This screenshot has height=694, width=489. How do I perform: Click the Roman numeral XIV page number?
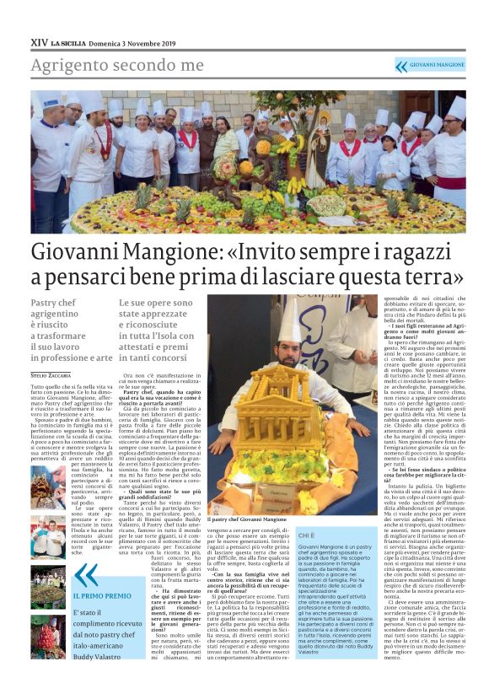39,42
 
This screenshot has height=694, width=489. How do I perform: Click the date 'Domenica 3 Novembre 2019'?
134,42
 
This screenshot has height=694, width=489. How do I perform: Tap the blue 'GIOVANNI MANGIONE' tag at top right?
437,65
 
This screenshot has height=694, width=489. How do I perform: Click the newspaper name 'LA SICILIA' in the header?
68,42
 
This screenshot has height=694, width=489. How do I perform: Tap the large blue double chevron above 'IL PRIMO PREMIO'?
86,576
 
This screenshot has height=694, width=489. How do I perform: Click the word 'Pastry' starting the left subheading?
45,303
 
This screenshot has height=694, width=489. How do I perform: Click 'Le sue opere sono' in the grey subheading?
155,303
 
